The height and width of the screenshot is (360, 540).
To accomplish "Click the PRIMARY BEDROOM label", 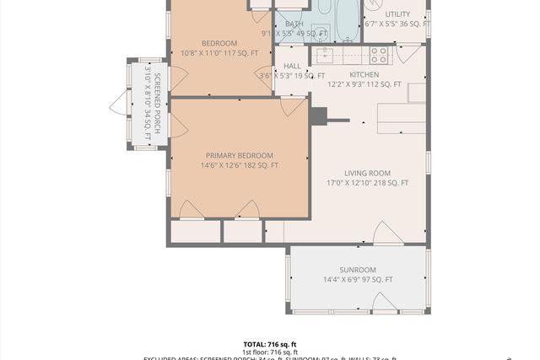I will (x=240, y=155).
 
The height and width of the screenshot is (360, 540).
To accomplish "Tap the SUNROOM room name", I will (x=358, y=270).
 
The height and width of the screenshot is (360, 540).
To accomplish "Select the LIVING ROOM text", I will (x=367, y=173).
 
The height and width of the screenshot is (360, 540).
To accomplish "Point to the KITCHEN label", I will (x=364, y=74).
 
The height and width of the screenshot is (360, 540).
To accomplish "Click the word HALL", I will (x=293, y=66).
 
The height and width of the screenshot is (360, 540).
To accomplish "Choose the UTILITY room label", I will (x=397, y=14).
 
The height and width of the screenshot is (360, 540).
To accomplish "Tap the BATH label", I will (x=294, y=24).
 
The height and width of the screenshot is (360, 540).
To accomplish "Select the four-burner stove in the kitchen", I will (x=379, y=56).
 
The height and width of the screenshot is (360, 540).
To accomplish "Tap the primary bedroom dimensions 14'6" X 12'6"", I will (x=240, y=166).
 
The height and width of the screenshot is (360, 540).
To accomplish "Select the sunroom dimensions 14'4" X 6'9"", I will (x=358, y=280).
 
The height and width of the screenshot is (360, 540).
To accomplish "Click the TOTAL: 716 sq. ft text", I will (x=270, y=345).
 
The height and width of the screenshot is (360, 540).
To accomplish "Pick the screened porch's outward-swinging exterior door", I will (x=117, y=105).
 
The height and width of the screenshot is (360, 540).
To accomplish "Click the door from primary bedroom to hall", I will (x=293, y=106).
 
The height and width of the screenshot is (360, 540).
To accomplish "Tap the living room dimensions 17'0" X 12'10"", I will (x=367, y=183).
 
